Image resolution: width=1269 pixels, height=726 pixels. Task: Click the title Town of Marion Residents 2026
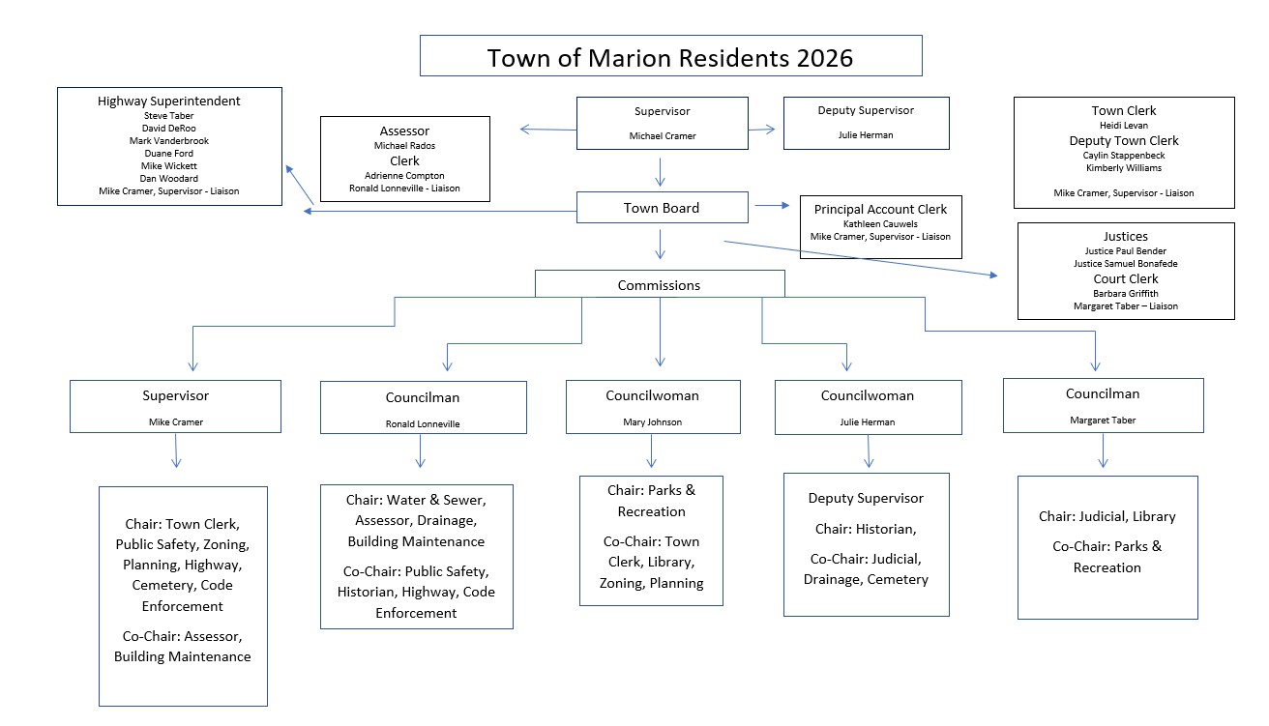670,57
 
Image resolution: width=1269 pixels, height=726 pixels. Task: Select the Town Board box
662,208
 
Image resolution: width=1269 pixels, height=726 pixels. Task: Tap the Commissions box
659,285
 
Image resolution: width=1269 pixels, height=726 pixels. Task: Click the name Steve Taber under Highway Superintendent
168,116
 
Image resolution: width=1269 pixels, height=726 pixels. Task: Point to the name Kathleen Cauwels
879,223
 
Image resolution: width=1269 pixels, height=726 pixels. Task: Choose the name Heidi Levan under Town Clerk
1123,126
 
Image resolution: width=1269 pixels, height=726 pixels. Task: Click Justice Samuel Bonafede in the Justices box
1125,264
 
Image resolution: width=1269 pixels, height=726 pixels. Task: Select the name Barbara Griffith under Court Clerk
1125,294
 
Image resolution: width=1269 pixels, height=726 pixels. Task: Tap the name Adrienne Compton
404,176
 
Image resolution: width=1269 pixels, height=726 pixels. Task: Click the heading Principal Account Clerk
880,209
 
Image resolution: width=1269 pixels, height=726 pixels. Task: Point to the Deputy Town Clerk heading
1123,140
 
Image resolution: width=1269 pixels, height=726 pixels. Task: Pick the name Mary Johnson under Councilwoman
652,422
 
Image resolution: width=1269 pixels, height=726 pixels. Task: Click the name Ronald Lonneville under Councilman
423,423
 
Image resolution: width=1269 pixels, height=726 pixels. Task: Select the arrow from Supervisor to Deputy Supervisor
764,128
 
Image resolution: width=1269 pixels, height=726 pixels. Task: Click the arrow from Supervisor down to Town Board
661,171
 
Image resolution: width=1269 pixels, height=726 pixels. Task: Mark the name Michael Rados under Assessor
404,145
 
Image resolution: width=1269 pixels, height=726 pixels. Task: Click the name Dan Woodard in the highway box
168,179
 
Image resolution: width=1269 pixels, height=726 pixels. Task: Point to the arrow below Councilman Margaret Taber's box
1103,450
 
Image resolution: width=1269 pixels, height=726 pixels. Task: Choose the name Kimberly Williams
1123,168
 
